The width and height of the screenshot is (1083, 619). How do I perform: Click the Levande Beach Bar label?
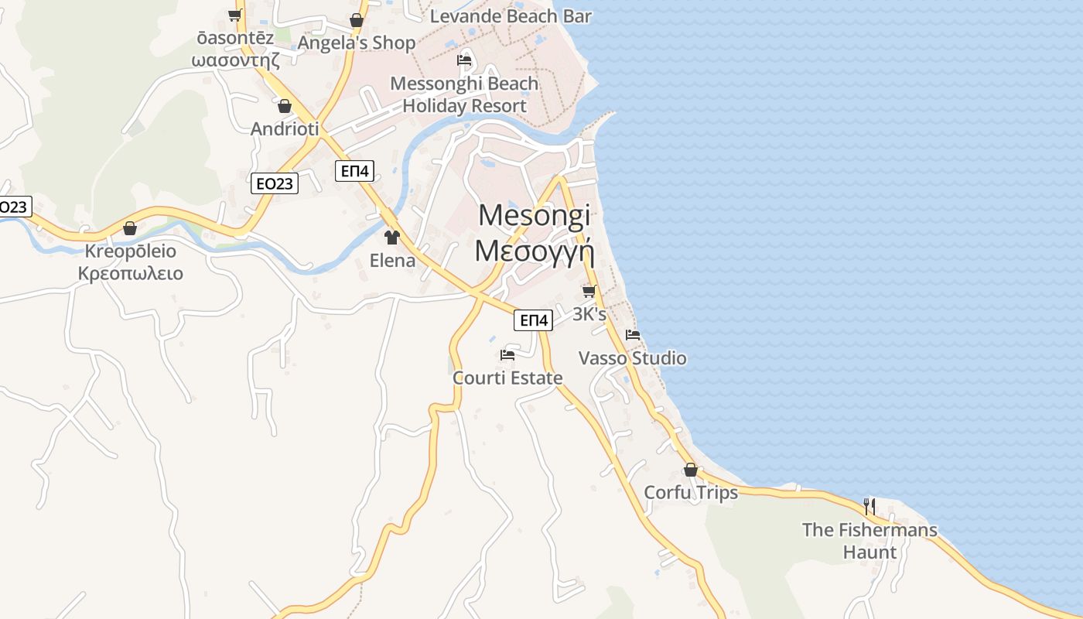tap(511, 16)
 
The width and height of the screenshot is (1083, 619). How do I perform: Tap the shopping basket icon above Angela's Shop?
tap(357, 20)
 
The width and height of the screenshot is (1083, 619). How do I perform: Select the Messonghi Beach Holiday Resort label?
tap(464, 94)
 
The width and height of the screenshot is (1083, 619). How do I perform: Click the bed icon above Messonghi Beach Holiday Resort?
tap(464, 60)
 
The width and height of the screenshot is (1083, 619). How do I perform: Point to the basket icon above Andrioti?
tap(285, 106)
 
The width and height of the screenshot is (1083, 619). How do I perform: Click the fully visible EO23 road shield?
tap(275, 183)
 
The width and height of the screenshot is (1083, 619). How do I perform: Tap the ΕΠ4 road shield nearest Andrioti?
tap(355, 171)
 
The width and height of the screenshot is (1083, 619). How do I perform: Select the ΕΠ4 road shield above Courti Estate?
tap(534, 320)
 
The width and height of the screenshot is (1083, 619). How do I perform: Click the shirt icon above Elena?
tap(392, 238)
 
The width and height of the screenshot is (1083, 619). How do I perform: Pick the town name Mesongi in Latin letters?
tap(534, 215)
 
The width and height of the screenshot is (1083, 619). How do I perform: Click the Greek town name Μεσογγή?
tap(534, 251)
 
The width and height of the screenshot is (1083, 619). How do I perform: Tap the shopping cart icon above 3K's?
tap(589, 292)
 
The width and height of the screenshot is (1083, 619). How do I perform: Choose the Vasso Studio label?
tap(633, 358)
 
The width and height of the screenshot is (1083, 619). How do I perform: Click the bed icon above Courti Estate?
tap(507, 355)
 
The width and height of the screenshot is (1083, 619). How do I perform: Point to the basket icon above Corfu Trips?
tap(691, 470)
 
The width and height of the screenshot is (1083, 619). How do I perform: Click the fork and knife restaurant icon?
tap(869, 507)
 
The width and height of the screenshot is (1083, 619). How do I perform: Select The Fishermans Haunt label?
tap(869, 541)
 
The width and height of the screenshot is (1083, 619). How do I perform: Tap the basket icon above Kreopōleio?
tap(130, 228)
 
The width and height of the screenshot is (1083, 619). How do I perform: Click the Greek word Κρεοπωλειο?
tap(131, 273)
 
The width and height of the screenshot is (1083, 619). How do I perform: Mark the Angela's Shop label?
tap(357, 43)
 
